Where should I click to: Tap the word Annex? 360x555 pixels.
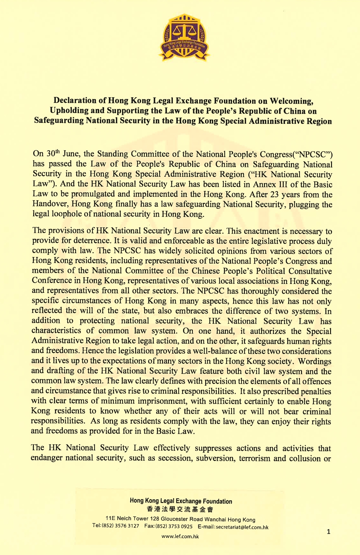(265, 184)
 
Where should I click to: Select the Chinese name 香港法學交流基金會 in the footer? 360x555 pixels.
(180, 509)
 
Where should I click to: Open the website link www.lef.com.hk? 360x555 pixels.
(180, 536)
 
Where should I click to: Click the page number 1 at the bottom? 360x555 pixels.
(329, 532)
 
